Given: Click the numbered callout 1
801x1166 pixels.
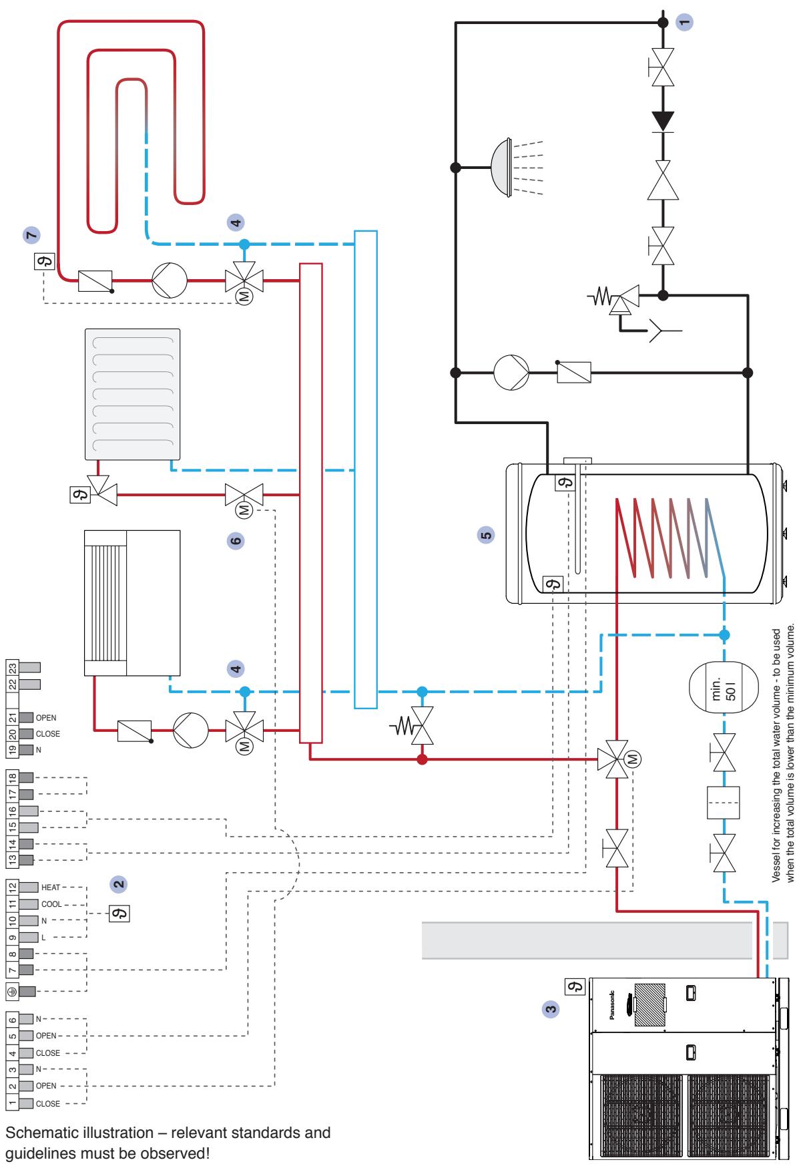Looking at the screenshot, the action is coord(684,22).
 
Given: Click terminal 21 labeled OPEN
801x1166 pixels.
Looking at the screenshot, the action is coord(13,717).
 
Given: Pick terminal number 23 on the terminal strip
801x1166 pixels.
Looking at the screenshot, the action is coord(13,667).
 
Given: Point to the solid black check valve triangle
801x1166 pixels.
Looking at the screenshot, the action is coord(663,121).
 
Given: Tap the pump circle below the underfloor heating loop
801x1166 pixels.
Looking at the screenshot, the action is coord(170,281).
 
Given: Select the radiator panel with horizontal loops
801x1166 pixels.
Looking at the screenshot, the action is coord(133,394).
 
